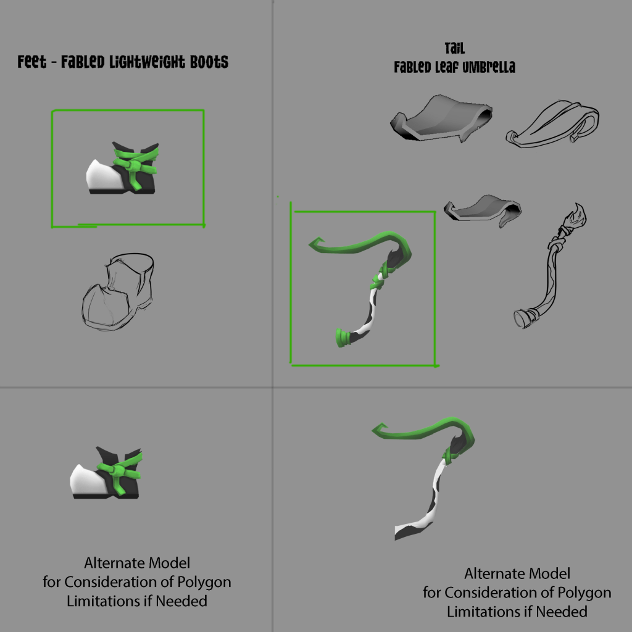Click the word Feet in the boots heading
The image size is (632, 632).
32,62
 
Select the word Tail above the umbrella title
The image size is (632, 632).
455,48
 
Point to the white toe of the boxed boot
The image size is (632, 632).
101,176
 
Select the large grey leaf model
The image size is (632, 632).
441,118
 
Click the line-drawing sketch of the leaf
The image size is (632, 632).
552,123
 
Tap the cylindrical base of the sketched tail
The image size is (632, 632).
523,318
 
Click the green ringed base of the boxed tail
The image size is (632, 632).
343,338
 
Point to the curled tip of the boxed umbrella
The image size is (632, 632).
317,243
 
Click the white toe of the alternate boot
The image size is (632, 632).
85,480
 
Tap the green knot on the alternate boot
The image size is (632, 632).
119,470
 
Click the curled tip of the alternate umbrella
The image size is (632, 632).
380,429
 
